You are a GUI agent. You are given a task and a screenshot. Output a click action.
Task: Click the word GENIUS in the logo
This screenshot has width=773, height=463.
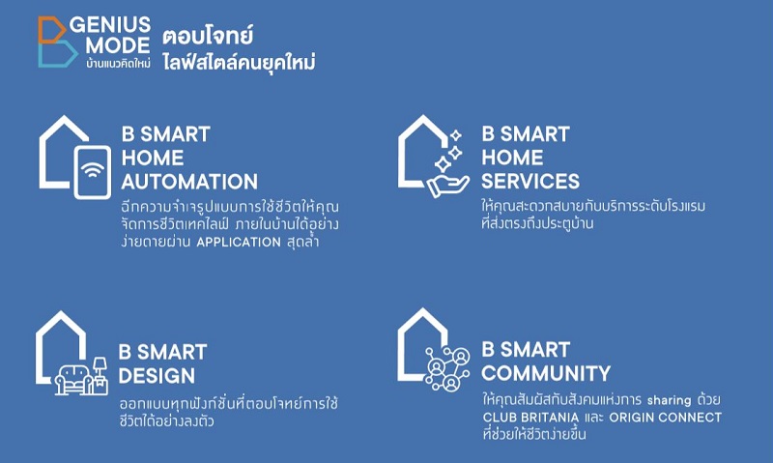110,24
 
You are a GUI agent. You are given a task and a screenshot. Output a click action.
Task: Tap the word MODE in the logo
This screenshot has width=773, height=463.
117,45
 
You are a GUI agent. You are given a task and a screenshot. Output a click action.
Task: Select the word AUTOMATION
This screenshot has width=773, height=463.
189,182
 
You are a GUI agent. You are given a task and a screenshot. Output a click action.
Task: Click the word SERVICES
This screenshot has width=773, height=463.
530,182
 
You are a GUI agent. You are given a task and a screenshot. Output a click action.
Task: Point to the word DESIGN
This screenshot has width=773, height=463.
157,376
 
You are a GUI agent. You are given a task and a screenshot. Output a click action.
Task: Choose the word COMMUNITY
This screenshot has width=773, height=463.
546,373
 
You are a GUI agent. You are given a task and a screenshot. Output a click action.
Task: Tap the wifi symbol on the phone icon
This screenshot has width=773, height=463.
93,169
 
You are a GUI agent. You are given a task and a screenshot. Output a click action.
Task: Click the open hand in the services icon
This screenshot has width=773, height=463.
447,187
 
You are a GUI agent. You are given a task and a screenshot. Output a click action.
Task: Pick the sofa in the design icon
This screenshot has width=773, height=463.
74,379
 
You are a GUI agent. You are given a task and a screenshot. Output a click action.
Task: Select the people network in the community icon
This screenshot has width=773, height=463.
447,368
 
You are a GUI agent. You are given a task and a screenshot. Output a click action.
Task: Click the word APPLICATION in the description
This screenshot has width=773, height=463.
239,242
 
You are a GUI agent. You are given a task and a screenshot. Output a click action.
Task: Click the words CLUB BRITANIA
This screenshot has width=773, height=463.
530,418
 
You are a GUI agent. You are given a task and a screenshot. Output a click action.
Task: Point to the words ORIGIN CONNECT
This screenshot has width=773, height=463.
666,418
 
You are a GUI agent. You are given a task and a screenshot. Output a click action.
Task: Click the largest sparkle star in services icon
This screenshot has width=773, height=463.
443,164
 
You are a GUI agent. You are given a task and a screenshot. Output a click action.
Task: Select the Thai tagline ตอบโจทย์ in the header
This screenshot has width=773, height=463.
208,36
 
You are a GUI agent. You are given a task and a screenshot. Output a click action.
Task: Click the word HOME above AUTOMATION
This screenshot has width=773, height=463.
153,159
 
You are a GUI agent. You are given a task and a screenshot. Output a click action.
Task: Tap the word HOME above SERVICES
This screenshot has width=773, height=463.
512,158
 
